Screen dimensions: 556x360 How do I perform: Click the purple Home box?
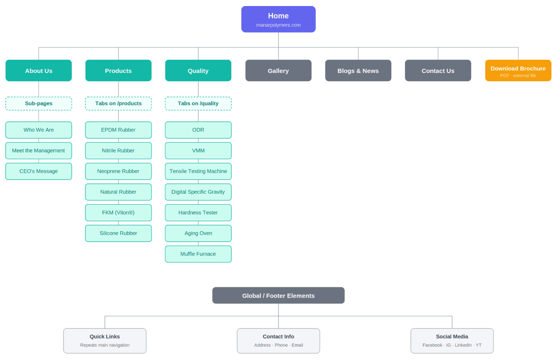(x=278, y=19)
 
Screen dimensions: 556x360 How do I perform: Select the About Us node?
(x=38, y=71)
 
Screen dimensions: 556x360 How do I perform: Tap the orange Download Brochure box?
(x=518, y=71)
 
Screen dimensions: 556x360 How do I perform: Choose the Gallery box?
(x=278, y=71)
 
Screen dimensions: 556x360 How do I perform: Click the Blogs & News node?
(x=358, y=71)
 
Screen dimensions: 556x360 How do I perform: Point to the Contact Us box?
(x=438, y=71)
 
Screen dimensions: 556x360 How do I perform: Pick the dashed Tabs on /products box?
(x=118, y=104)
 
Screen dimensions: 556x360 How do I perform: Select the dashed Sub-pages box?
(x=38, y=104)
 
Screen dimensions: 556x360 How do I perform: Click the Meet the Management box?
(x=38, y=151)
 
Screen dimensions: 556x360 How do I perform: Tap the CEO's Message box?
(x=38, y=171)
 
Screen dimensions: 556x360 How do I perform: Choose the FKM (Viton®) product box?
(x=118, y=213)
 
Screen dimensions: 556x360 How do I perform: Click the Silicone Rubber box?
(x=118, y=233)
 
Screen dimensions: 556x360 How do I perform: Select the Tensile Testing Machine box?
(x=198, y=171)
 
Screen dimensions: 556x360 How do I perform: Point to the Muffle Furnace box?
(x=198, y=254)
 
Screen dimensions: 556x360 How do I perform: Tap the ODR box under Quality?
(x=198, y=130)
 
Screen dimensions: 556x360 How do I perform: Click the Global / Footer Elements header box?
(x=278, y=295)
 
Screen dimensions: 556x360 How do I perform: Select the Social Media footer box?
(x=452, y=341)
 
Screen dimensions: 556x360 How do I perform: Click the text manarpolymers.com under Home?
(x=278, y=25)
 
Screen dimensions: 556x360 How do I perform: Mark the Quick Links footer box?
(x=105, y=341)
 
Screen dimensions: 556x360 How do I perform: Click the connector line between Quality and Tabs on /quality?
(x=198, y=89)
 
